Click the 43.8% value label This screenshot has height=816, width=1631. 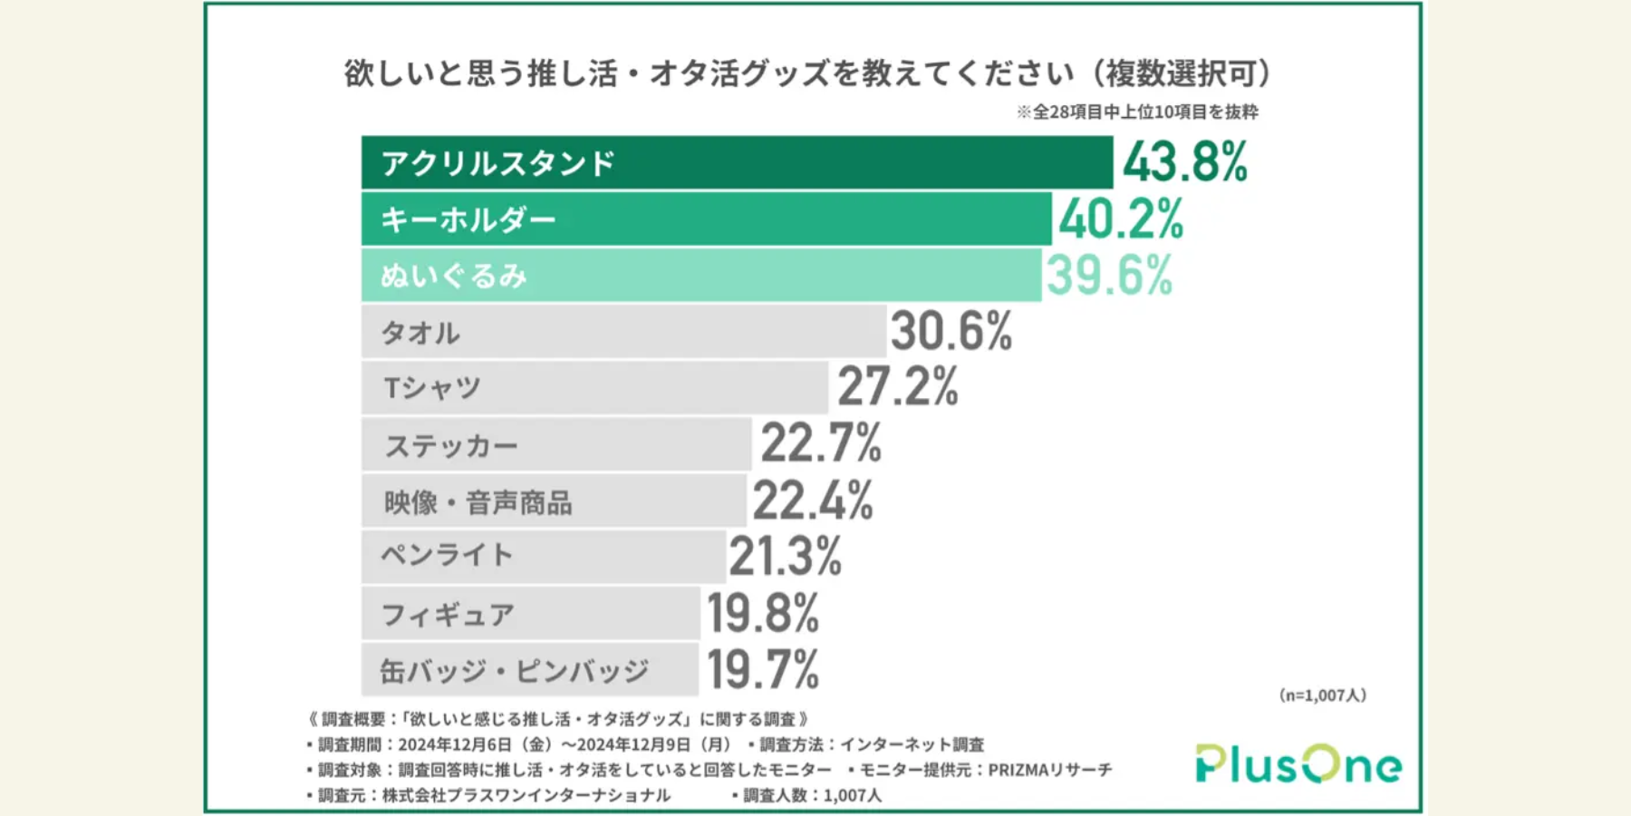click(1185, 163)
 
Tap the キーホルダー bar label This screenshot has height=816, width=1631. click(468, 220)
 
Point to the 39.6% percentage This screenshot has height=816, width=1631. click(1109, 276)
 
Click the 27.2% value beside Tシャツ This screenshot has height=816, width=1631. click(897, 387)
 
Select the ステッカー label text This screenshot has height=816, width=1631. click(450, 446)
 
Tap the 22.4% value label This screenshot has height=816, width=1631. click(812, 500)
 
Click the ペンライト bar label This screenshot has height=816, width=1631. click(447, 556)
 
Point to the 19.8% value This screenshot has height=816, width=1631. click(763, 614)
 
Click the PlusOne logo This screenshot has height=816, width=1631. click(1298, 764)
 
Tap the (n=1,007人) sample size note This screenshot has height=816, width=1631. click(1322, 695)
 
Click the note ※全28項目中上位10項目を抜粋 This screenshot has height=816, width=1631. click(1137, 112)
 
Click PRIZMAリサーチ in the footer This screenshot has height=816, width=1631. click(1049, 770)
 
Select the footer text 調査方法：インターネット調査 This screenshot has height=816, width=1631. click(872, 744)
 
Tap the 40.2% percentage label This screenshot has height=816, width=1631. click(1121, 220)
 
